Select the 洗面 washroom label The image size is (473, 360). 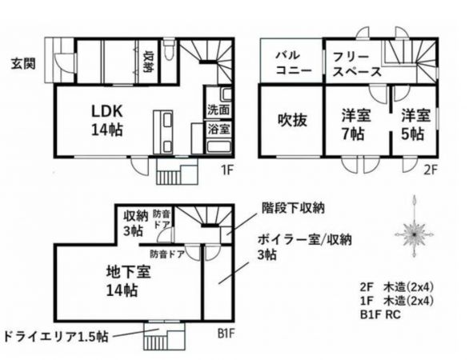[x=219, y=110]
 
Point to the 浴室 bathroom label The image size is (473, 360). [x=219, y=128]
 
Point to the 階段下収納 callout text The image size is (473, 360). [x=294, y=208]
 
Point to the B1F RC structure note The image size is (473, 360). [x=382, y=314]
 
